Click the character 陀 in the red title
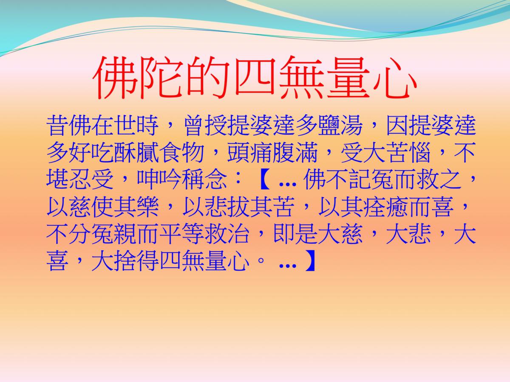click(x=161, y=78)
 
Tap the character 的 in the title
click(x=207, y=78)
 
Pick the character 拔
click(x=238, y=206)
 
